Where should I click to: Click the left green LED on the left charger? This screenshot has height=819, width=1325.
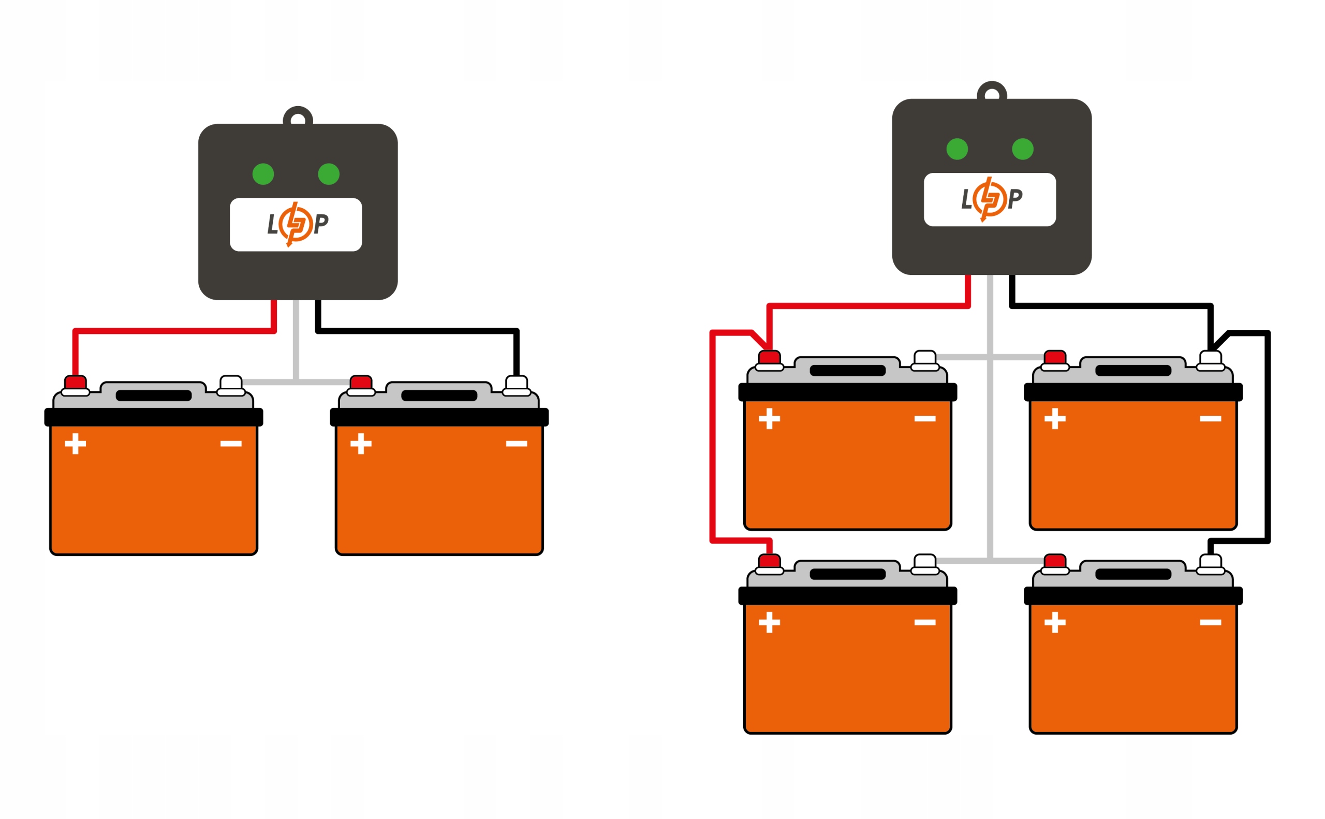pyautogui.click(x=263, y=174)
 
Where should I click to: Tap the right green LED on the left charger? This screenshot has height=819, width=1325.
pyautogui.click(x=329, y=174)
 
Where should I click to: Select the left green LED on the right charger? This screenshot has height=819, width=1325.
pyautogui.click(x=957, y=149)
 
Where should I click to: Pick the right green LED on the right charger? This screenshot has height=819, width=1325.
pyautogui.click(x=1022, y=149)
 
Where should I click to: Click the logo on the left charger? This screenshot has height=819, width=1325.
pyautogui.click(x=297, y=224)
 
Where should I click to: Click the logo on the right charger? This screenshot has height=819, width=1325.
pyautogui.click(x=990, y=199)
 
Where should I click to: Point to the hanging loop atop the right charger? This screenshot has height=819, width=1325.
pyautogui.click(x=992, y=93)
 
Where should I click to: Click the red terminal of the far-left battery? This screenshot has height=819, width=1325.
pyautogui.click(x=75, y=383)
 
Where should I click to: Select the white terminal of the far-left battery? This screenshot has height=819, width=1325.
pyautogui.click(x=231, y=383)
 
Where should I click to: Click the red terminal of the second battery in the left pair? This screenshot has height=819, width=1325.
pyautogui.click(x=361, y=383)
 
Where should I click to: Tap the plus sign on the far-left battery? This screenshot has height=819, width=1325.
pyautogui.click(x=75, y=444)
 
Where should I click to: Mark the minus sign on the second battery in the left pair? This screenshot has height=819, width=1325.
pyautogui.click(x=517, y=444)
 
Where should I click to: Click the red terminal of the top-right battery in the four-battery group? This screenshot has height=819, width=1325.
pyautogui.click(x=1055, y=358)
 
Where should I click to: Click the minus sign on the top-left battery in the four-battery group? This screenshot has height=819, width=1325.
pyautogui.click(x=925, y=419)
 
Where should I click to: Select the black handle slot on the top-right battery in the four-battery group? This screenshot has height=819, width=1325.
pyautogui.click(x=1133, y=371)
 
